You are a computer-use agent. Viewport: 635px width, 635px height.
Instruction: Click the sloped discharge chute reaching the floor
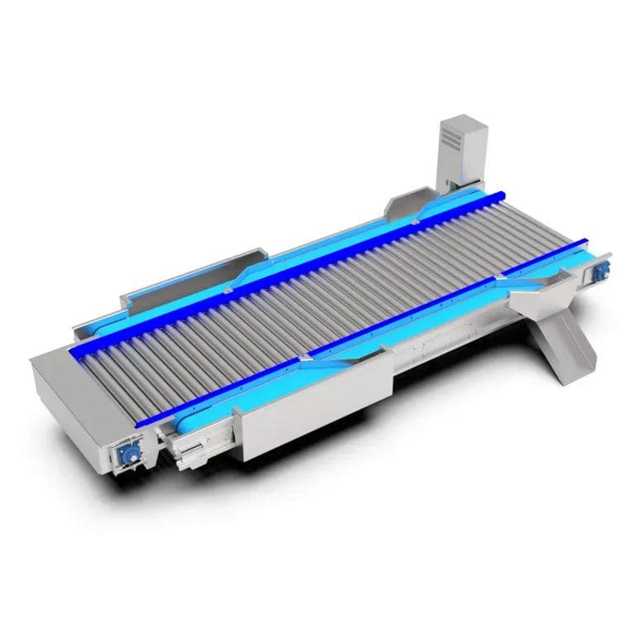[565, 348]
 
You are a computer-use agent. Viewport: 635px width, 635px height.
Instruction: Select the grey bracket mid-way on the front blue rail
[306, 358]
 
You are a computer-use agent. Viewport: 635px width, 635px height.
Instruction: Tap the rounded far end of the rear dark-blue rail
[500, 195]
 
